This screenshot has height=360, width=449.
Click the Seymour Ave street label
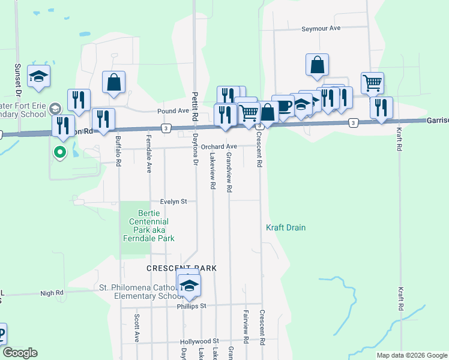coord(321,28)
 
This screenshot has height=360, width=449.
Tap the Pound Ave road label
coord(173,111)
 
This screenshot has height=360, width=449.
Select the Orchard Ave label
coord(219,146)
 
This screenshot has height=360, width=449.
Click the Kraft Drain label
coord(286,227)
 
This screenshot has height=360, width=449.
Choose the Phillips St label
coord(191,305)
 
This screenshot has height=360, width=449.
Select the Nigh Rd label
coord(52,293)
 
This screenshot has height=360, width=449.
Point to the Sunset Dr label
coord(18,79)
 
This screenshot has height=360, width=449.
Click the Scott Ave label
coord(137,328)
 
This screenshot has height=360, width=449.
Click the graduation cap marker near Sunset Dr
coord(39,76)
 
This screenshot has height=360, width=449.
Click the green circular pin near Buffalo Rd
coord(60,152)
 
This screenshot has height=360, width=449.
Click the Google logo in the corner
coord(20,353)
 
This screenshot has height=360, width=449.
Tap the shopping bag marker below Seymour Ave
coord(317,65)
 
